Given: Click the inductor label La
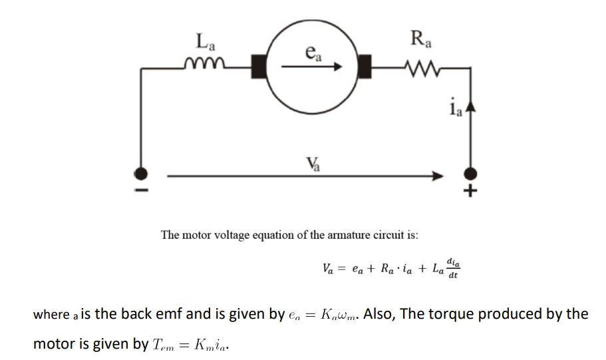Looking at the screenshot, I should coord(206,43).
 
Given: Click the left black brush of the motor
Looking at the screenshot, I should coord(259,66).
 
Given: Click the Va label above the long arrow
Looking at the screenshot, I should coord(311,163).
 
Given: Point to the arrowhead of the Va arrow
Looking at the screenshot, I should coord(437,176).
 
